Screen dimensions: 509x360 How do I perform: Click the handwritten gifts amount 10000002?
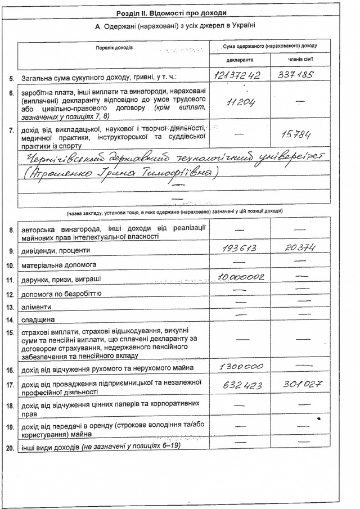(x=240, y=277)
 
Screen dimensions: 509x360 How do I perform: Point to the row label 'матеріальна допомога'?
(x=59, y=264)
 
